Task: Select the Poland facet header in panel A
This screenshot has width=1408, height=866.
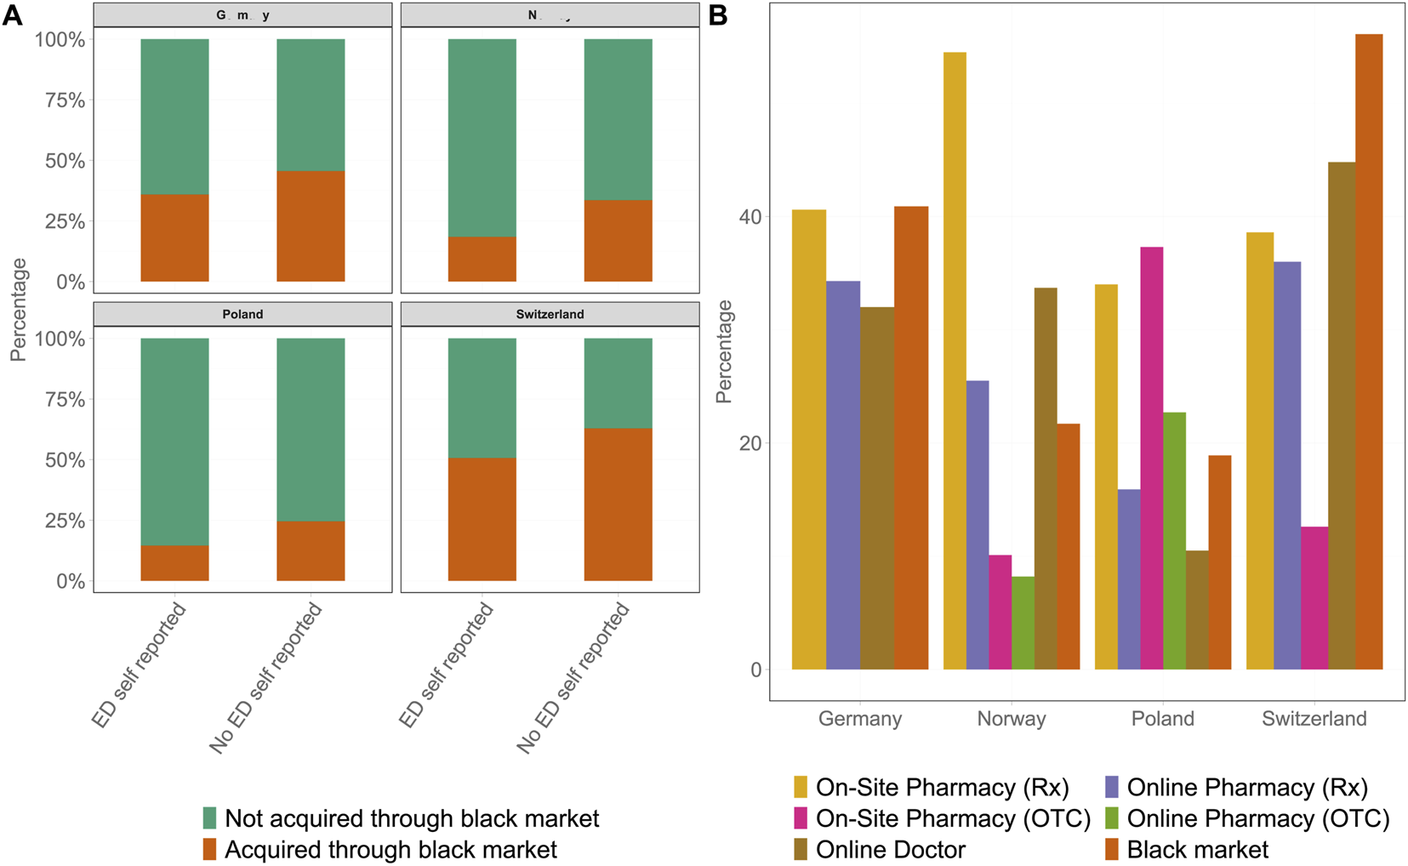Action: coord(242,314)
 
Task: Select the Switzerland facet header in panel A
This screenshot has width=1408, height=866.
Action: coord(550,314)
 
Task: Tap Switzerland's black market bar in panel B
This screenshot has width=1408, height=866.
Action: coord(1368,352)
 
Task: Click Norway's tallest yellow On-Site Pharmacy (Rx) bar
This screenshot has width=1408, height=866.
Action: coord(955,361)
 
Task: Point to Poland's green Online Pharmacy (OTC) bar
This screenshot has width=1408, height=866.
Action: coord(1174,541)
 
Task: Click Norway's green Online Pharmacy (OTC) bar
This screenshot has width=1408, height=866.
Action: coord(1023,623)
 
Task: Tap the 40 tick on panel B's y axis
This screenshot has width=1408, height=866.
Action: coord(750,216)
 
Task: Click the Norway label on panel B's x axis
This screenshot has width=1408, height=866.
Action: coord(1011,719)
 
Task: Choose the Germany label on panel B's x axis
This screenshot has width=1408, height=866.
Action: coord(859,719)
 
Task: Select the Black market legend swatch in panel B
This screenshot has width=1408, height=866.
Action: coord(1111,849)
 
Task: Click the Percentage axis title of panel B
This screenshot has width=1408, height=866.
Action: coord(724,351)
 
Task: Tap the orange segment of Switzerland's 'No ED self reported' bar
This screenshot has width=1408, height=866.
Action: coord(618,504)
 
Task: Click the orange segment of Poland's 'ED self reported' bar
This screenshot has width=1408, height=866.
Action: coord(174,563)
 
